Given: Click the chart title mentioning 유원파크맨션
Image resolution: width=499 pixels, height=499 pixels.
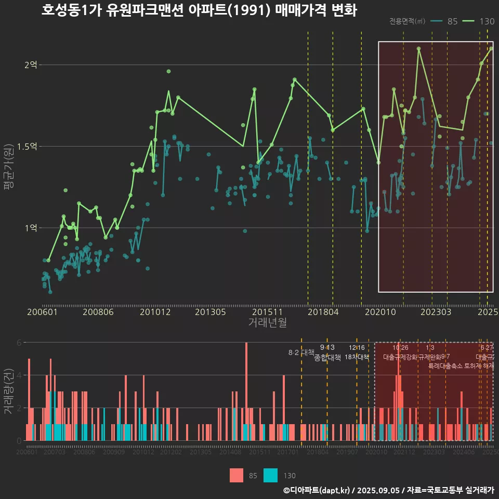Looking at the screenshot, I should [x=199, y=10].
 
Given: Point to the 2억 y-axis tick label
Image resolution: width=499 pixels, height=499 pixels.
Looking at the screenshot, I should [x=31, y=65].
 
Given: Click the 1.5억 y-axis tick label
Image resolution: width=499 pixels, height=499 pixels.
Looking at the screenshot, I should [x=27, y=146].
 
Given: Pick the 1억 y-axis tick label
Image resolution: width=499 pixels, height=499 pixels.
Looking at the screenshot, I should [x=31, y=228].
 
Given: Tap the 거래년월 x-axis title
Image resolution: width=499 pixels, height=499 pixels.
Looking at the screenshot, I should [x=267, y=322].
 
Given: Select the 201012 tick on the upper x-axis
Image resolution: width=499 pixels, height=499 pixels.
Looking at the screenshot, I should [x=155, y=312].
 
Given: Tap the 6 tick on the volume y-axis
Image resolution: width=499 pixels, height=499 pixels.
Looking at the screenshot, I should [x=19, y=343].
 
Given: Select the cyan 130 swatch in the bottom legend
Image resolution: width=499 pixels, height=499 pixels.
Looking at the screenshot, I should [x=270, y=475].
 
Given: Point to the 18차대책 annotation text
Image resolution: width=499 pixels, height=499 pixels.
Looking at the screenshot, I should [x=357, y=357].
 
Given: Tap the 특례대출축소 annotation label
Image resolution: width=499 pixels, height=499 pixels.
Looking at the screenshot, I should [x=445, y=365].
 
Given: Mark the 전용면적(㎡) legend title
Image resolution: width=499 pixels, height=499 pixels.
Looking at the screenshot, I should [x=407, y=21].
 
